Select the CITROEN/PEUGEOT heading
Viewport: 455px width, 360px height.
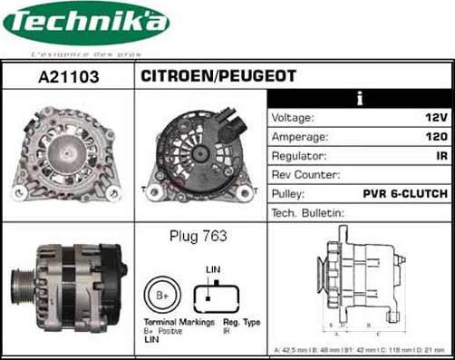coord(218,77)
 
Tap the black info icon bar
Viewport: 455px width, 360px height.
coord(360,98)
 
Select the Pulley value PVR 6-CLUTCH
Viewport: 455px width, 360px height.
coord(405,194)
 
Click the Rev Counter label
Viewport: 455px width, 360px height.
coord(306,175)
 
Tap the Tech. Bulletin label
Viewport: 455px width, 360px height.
coord(308,213)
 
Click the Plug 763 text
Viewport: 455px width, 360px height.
coord(198,237)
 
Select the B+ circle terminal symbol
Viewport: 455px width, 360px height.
coord(162,296)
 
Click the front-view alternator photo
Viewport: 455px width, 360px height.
coord(68,151)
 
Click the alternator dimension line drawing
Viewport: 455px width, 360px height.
coord(361,281)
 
